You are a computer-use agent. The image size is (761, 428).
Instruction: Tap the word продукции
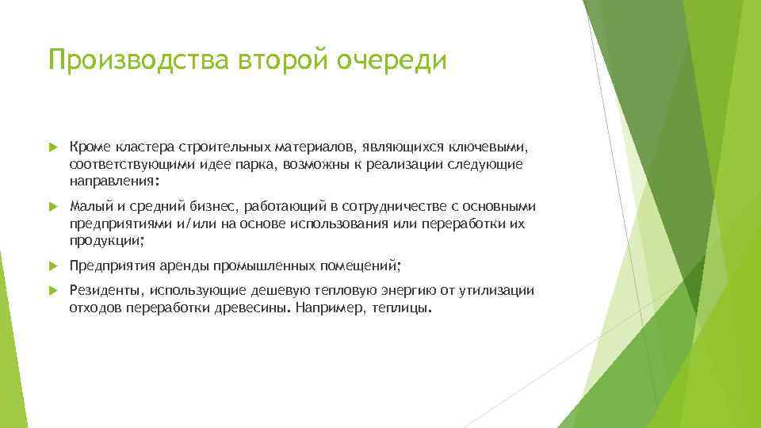click(x=105, y=241)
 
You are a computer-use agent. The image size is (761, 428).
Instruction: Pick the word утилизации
click(x=497, y=291)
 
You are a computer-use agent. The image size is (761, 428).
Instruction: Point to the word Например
click(x=328, y=308)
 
